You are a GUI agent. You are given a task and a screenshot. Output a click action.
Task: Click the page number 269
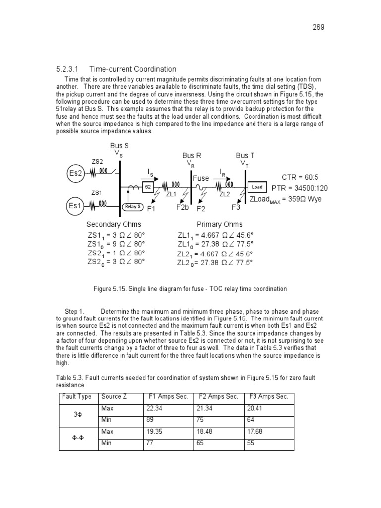[318, 27]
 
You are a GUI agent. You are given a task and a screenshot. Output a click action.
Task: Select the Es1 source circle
[77, 204]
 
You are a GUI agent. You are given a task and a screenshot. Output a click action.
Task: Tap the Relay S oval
[133, 207]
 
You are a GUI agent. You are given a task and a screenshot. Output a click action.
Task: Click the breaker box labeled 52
[147, 187]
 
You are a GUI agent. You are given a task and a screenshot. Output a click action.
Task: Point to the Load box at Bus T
[257, 187]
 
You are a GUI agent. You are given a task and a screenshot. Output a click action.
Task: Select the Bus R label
[191, 156]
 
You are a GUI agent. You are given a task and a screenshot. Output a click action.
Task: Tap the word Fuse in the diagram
[201, 178]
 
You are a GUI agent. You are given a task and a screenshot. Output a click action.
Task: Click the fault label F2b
[183, 207]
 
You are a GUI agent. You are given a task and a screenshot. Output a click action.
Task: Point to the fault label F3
[236, 207]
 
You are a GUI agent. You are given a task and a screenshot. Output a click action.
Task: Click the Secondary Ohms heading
[114, 224]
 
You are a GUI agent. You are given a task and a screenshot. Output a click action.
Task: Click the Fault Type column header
[76, 397]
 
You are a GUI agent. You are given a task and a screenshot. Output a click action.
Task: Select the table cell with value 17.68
[254, 432]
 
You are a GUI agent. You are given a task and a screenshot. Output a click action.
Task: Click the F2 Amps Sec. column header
[219, 397]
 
